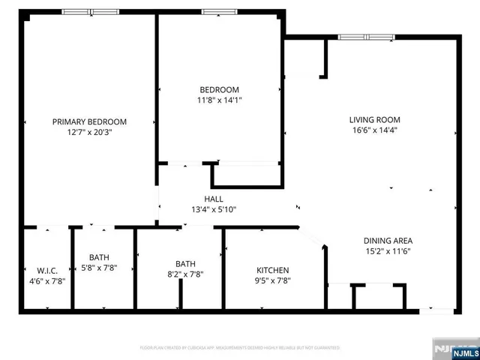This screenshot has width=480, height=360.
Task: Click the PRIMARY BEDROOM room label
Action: tap(89, 121)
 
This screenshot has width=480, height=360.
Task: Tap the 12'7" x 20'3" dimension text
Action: tap(89, 133)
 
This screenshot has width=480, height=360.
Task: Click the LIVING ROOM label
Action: tap(374, 119)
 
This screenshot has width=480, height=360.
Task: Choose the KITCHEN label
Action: tap(273, 270)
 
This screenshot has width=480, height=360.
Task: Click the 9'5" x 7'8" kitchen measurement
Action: tap(273, 281)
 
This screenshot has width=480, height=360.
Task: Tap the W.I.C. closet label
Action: tap(47, 270)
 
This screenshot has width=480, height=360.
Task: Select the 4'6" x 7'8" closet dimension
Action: tap(47, 281)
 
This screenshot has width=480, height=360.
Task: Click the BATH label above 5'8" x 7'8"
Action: tap(99, 257)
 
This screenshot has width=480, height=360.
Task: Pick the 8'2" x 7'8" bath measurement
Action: tap(185, 274)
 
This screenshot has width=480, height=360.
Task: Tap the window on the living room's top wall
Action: tap(366, 37)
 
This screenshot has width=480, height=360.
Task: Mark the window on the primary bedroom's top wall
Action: tap(89, 12)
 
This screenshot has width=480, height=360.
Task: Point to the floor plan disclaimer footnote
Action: tap(240, 348)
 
